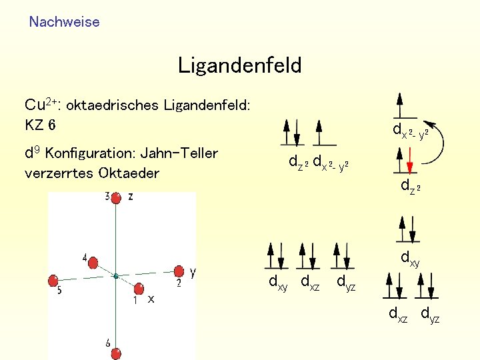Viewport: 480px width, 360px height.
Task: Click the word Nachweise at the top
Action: point(64,22)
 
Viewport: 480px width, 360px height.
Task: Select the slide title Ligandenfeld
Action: point(239,65)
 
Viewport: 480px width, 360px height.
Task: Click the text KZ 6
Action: point(40,125)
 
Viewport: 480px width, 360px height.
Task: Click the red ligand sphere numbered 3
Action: point(116,197)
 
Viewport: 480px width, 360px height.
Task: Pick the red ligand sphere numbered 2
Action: point(179,271)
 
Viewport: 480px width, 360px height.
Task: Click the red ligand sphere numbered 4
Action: point(91,261)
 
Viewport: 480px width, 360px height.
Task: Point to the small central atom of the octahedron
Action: point(115,275)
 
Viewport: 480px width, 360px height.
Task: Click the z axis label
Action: point(131,196)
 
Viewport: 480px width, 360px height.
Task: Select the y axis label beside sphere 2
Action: point(193,272)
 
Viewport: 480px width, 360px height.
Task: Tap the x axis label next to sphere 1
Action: point(151,299)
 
